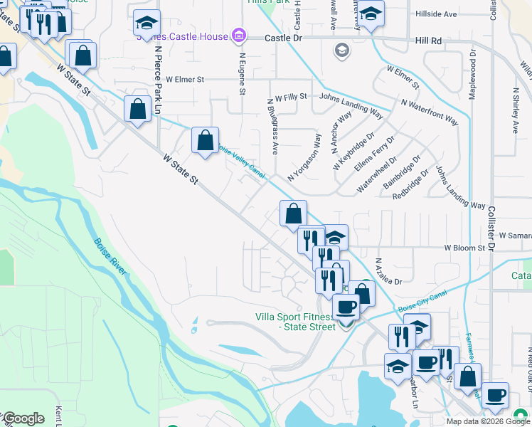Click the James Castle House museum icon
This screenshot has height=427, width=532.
tap(239, 36)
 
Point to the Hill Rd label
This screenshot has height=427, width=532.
tap(428, 41)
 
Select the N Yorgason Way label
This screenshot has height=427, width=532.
tap(304, 157)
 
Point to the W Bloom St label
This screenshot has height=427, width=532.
tap(464, 248)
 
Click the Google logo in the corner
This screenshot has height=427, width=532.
tap(23, 418)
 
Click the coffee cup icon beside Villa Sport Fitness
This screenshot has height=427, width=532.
tap(346, 308)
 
